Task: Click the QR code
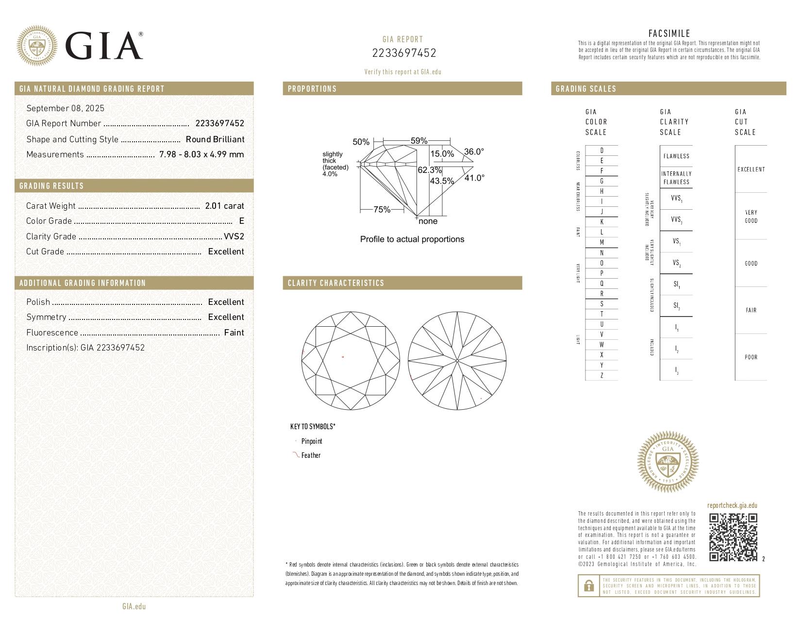(733, 537)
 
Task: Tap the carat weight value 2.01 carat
(224, 206)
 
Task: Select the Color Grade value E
(241, 221)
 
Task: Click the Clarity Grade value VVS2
(234, 236)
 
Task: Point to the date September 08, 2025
(65, 108)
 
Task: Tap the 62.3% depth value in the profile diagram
(430, 170)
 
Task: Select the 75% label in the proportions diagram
(382, 210)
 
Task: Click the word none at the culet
(428, 221)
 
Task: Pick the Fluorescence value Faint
(234, 333)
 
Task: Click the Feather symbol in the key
(295, 455)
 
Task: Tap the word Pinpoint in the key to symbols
(311, 441)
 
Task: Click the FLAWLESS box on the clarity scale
(676, 156)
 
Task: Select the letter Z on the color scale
(601, 375)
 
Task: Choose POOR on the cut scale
(751, 357)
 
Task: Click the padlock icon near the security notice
(588, 586)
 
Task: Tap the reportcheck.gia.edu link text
(732, 505)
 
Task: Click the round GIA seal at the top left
(36, 46)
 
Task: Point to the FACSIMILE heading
(669, 33)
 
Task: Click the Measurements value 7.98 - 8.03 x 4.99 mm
(201, 154)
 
